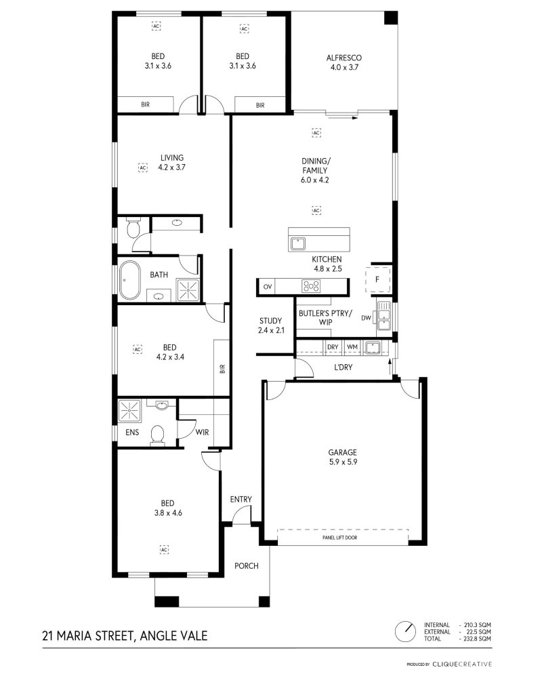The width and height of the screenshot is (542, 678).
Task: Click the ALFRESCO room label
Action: (344, 58)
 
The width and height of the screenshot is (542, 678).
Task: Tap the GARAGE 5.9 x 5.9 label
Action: (342, 457)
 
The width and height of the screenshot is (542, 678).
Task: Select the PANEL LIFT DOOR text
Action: (339, 538)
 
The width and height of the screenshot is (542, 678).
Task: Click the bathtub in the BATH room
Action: (129, 280)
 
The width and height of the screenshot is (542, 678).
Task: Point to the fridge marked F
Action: (378, 279)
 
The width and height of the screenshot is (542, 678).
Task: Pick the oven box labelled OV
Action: (268, 287)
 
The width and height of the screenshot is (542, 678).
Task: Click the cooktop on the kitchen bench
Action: (311, 286)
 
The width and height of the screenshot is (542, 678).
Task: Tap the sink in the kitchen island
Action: (298, 243)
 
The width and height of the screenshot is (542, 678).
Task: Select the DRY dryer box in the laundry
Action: (333, 346)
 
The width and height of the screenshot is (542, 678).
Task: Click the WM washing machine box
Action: (352, 346)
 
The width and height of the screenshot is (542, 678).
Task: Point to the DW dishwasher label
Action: (366, 318)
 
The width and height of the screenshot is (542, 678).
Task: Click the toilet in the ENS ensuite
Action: (157, 435)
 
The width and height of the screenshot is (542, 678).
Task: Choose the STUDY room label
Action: (270, 321)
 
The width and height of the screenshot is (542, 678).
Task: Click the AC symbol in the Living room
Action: (143, 167)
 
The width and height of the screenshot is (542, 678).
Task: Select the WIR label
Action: (203, 432)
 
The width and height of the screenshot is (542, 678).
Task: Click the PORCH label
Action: (247, 565)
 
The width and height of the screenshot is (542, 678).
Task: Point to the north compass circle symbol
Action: (405, 632)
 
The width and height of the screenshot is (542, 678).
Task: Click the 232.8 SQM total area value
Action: (478, 638)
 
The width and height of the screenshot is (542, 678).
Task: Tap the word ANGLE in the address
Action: (156, 636)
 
